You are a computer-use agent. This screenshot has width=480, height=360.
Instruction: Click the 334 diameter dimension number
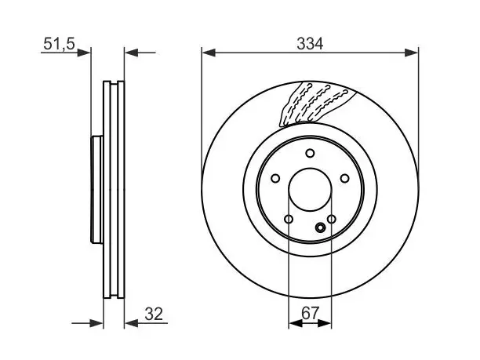310,44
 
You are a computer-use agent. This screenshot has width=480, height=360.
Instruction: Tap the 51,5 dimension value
59,44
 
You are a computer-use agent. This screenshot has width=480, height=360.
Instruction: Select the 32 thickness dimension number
154,314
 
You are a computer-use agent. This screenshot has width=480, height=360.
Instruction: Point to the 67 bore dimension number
310,313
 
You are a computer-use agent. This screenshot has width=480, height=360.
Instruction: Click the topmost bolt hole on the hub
310,153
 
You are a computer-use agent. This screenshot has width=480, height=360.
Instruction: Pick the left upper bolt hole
275,178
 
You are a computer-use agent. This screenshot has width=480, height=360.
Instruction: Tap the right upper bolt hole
345,178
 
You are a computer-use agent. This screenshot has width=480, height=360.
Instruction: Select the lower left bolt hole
289,219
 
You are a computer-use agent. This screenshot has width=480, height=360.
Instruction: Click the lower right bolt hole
332,219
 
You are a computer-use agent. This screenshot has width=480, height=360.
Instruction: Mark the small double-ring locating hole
321,227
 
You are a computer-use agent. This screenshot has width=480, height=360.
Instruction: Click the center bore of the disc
310,190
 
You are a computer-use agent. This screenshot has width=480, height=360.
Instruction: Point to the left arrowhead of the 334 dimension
209,53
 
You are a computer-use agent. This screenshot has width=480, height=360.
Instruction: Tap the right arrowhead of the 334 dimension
411,53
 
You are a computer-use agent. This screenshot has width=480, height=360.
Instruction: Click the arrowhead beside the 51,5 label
84,53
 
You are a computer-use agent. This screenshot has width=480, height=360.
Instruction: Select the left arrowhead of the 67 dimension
296,323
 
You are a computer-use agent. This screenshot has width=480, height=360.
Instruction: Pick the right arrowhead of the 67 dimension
325,323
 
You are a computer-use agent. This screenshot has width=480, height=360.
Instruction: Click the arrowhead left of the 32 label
131,323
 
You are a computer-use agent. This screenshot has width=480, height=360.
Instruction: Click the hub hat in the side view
97,190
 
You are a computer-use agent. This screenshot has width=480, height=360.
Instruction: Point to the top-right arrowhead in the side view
132,53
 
